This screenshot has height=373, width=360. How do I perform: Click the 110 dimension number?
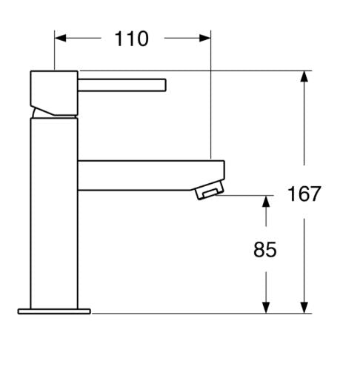point(131,39)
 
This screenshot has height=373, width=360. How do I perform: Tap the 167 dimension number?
point(304,194)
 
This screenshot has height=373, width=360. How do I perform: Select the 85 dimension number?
point(265,250)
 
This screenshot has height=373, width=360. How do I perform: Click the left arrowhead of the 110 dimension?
point(60,38)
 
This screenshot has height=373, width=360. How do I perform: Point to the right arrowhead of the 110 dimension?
point(205,38)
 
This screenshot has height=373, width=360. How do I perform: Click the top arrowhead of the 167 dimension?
point(304,76)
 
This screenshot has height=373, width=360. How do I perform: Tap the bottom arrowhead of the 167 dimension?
point(304,308)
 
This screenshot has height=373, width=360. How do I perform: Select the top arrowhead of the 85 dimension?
point(266,201)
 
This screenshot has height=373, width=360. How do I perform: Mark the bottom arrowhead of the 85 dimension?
point(266,308)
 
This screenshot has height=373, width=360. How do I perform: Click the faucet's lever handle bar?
point(122,85)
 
